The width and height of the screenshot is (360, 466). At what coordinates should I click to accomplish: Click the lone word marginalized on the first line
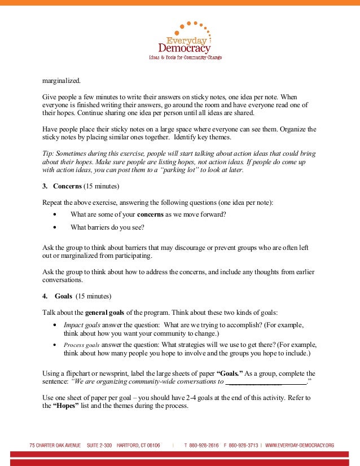click(62, 81)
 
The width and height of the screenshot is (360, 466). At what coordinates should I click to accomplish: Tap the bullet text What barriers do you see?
click(107, 227)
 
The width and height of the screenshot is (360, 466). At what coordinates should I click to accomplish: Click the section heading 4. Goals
click(62, 296)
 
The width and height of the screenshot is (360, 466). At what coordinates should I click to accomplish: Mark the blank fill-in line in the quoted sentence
click(265, 382)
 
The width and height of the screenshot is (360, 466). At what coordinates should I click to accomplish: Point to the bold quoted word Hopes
click(69, 407)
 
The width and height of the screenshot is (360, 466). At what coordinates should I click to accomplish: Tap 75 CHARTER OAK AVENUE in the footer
click(55, 445)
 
